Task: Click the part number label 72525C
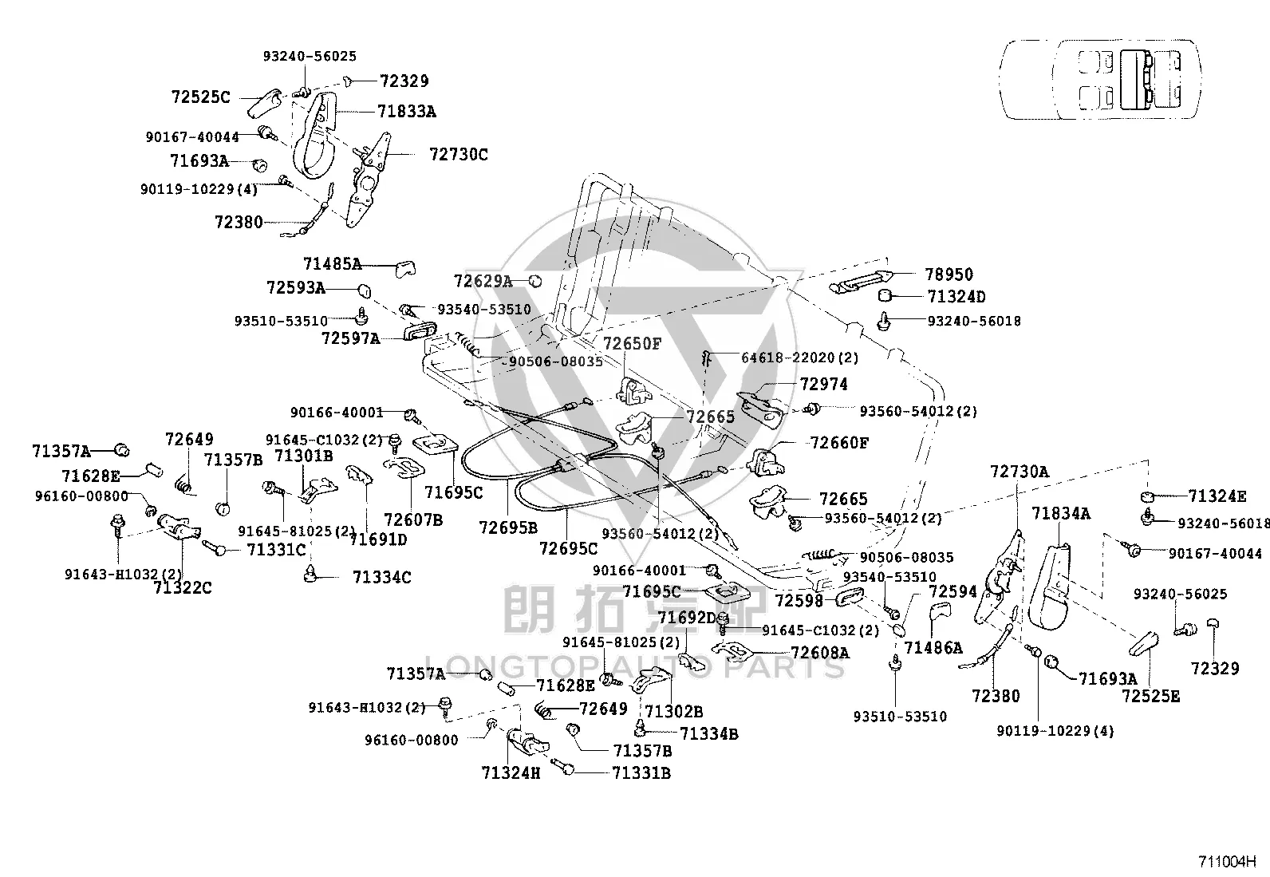(x=201, y=97)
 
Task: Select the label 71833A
(x=407, y=112)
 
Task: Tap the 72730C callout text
(x=459, y=154)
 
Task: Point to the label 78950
(x=949, y=275)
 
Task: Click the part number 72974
(x=824, y=385)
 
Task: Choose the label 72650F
(x=632, y=344)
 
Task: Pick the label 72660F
(x=839, y=442)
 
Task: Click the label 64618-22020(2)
(x=800, y=358)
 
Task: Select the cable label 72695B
(x=508, y=528)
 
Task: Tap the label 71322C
(x=183, y=587)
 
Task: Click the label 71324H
(x=511, y=773)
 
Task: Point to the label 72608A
(x=820, y=653)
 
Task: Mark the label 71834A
(x=1061, y=514)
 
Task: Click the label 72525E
(x=1151, y=696)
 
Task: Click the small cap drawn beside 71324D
(x=885, y=295)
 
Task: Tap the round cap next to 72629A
(x=535, y=281)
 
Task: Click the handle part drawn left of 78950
(x=861, y=282)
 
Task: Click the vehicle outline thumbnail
(x=1100, y=80)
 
